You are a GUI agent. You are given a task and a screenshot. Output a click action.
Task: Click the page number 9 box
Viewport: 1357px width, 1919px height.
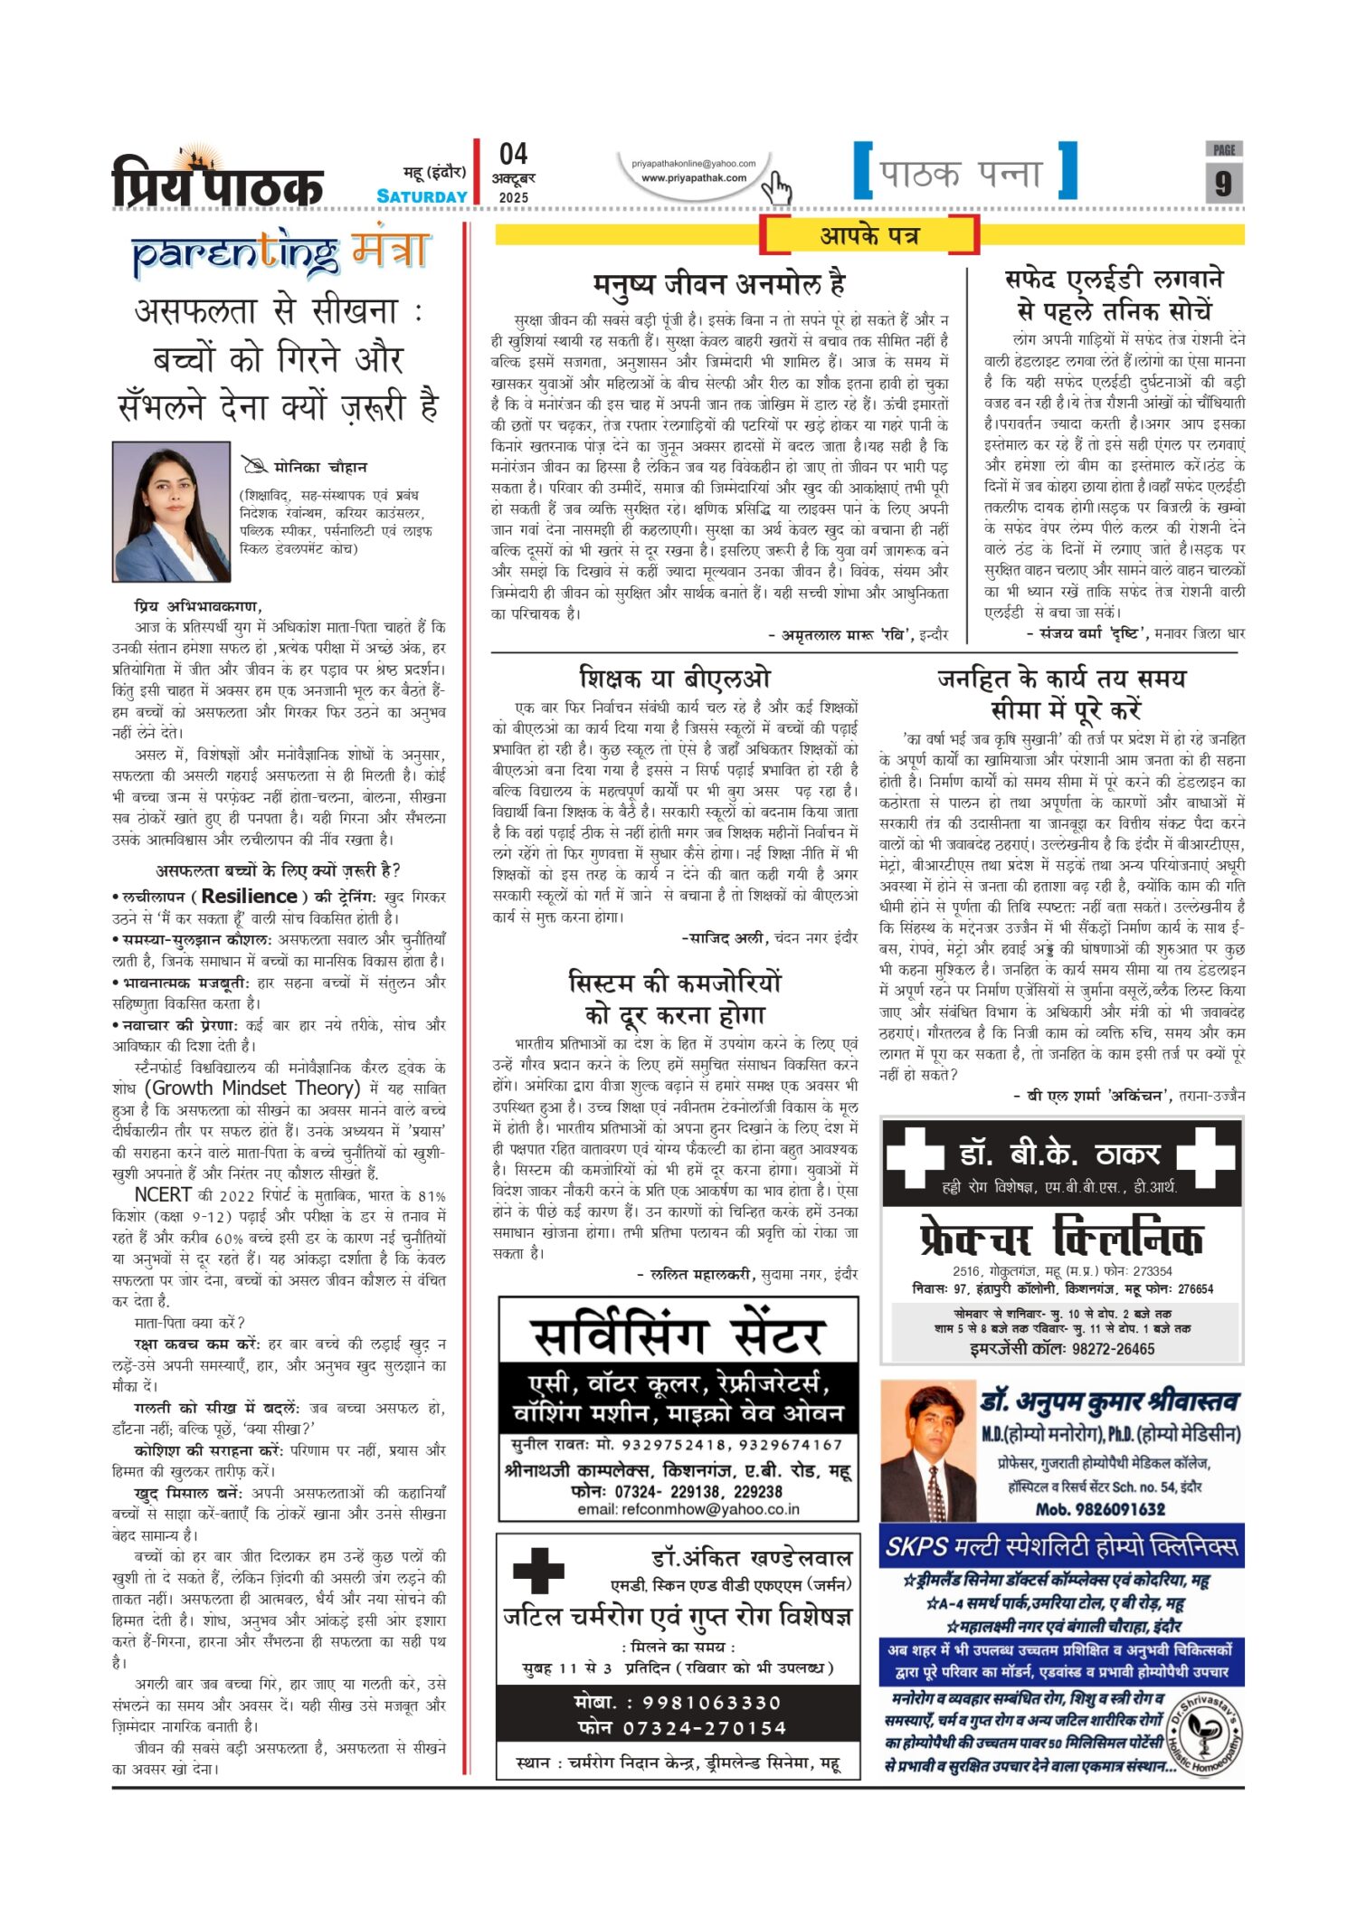tap(1223, 183)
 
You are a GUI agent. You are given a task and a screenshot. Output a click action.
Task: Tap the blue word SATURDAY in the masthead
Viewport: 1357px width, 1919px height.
tap(422, 196)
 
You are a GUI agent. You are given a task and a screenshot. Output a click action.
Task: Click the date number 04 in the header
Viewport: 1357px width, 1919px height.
tap(513, 154)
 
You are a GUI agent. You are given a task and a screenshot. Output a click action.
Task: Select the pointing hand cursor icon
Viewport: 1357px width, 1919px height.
tap(776, 188)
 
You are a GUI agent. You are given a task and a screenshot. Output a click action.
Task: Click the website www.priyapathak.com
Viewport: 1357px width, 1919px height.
tap(694, 178)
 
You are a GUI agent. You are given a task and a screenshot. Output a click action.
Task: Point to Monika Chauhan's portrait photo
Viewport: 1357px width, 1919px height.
tap(171, 511)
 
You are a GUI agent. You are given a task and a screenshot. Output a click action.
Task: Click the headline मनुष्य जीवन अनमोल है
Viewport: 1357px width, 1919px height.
tap(719, 284)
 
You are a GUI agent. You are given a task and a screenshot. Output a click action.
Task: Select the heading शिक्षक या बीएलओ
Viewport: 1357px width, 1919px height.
tap(675, 678)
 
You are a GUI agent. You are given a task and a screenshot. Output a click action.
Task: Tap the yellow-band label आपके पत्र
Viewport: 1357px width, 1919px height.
tap(868, 236)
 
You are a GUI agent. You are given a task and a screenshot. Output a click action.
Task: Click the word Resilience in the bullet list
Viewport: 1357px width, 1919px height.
tap(249, 896)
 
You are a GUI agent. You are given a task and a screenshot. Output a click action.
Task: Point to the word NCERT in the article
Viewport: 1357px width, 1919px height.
tap(163, 1194)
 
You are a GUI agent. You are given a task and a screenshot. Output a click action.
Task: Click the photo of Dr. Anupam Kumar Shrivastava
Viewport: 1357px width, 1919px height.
tap(927, 1450)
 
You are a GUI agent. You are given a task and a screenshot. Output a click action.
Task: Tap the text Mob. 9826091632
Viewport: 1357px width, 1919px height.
tap(1100, 1508)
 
